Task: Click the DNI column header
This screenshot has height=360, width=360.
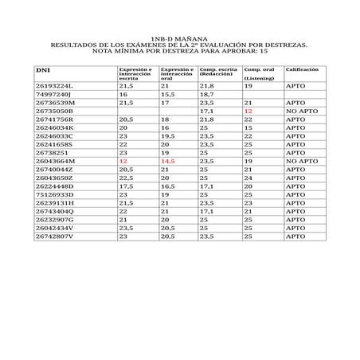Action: pyautogui.click(x=44, y=70)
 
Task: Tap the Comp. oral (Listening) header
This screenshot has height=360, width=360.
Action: pyautogui.click(x=260, y=74)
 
